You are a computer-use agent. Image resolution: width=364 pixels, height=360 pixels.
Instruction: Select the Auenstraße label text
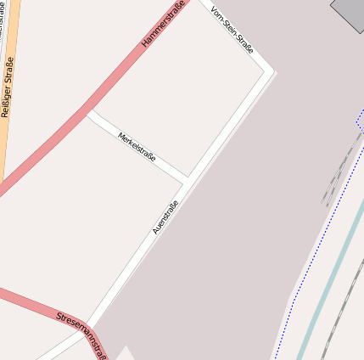click(x=165, y=217)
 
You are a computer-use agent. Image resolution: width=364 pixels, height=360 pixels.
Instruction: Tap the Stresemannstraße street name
click(x=82, y=334)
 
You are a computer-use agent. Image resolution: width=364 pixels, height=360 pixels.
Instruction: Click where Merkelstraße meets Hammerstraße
click(x=87, y=110)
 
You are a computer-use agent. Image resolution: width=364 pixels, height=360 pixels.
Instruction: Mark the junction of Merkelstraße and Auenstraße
click(x=187, y=181)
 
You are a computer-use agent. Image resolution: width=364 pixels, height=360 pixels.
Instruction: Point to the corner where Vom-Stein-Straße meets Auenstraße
click(x=272, y=71)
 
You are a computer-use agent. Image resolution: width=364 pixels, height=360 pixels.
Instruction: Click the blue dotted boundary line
click(x=316, y=255)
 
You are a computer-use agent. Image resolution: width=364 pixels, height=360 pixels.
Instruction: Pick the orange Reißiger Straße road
click(x=10, y=127)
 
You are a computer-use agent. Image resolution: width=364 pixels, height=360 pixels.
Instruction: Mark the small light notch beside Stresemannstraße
click(x=125, y=352)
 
